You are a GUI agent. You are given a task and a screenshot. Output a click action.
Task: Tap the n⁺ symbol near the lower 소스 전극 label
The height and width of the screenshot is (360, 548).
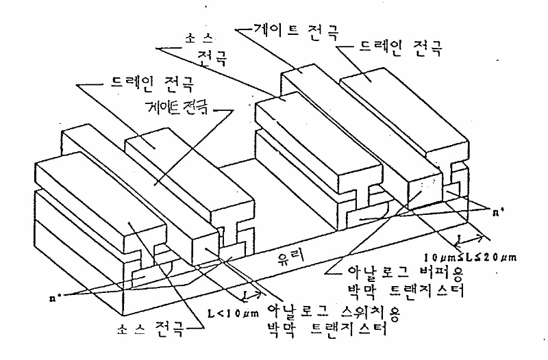pyautogui.click(x=46, y=297)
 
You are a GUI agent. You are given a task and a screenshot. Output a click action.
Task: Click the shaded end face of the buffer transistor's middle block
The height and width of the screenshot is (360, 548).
pyautogui.click(x=422, y=190)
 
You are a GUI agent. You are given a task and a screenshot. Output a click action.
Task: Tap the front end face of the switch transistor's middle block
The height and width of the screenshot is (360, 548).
pyautogui.click(x=206, y=242)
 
